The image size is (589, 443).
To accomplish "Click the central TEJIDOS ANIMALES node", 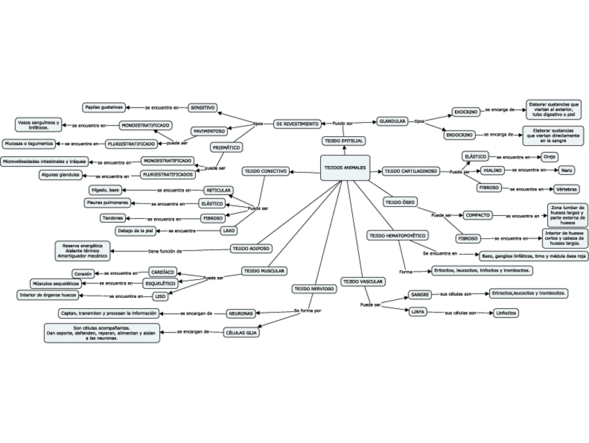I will [345, 168].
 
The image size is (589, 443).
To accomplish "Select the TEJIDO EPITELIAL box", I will [344, 141].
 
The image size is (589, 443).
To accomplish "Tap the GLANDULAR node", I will [392, 121].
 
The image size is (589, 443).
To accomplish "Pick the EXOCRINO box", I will [465, 111].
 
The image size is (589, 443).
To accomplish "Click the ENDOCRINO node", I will [460, 134].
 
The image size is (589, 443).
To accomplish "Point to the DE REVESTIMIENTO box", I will [297, 124].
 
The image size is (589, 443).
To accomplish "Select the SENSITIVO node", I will [203, 108].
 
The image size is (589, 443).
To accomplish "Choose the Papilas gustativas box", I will [103, 108].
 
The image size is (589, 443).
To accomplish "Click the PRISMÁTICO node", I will [226, 147].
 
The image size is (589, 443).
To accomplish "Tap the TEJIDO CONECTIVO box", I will [265, 171].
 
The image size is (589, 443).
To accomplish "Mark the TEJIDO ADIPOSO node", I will [251, 248].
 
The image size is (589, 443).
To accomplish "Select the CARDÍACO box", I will [163, 272].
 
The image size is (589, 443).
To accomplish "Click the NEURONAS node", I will [241, 313].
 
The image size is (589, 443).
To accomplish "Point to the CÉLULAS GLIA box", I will [242, 332].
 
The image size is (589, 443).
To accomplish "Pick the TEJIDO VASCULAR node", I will [363, 281].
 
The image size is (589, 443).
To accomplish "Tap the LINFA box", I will [417, 312].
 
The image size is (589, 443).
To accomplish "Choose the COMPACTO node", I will [478, 215].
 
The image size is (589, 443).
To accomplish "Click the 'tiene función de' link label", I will [165, 251].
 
